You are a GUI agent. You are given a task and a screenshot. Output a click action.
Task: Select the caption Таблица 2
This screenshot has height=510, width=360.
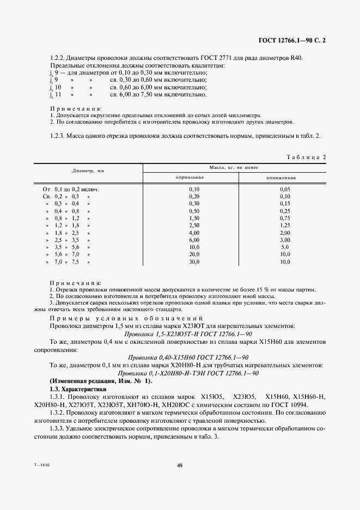pos(306,157)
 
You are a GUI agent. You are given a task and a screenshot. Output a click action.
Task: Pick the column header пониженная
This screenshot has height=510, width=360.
pos(280,177)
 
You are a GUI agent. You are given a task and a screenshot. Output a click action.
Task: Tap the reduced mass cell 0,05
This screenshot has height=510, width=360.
pos(281,189)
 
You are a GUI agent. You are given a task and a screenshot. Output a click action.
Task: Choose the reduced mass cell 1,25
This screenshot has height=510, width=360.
pos(281,225)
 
